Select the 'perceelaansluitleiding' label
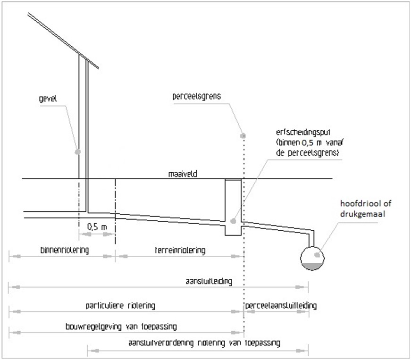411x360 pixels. click(281, 305)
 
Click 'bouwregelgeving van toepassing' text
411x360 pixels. click(125, 326)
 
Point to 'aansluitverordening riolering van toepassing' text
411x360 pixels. click(204, 343)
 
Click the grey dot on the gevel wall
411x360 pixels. click(77, 151)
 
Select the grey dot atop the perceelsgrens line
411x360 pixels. click(243, 135)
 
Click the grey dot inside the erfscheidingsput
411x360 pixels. click(233, 220)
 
